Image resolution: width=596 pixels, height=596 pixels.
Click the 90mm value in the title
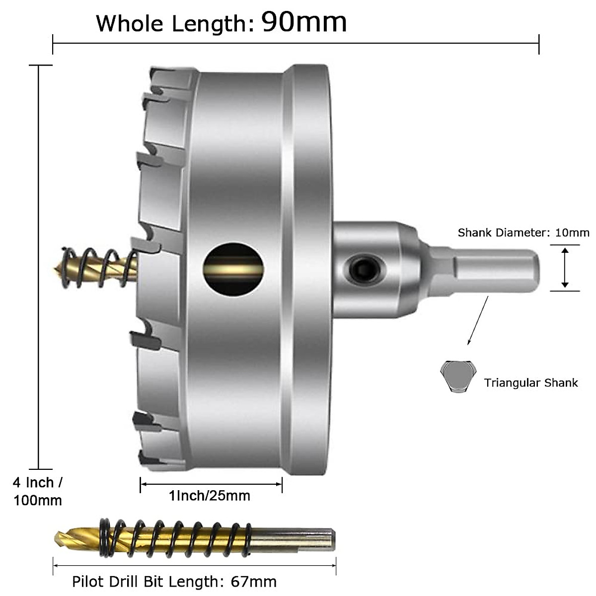pyautogui.click(x=304, y=22)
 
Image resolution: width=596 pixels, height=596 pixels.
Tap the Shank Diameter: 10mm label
pyautogui.click(x=523, y=232)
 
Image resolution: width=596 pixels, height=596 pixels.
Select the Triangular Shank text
pyautogui.click(x=531, y=382)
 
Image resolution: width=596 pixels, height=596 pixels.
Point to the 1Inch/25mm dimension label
pyautogui.click(x=210, y=495)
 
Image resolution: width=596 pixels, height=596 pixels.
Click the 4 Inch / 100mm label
pyautogui.click(x=38, y=491)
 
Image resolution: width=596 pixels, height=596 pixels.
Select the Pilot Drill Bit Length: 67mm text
pyautogui.click(x=174, y=581)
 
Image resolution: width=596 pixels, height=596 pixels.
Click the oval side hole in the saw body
pyautogui.click(x=233, y=269)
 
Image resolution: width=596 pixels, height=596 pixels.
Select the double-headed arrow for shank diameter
pyautogui.click(x=565, y=268)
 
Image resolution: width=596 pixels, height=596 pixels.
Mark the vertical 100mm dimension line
pyautogui.click(x=39, y=267)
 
